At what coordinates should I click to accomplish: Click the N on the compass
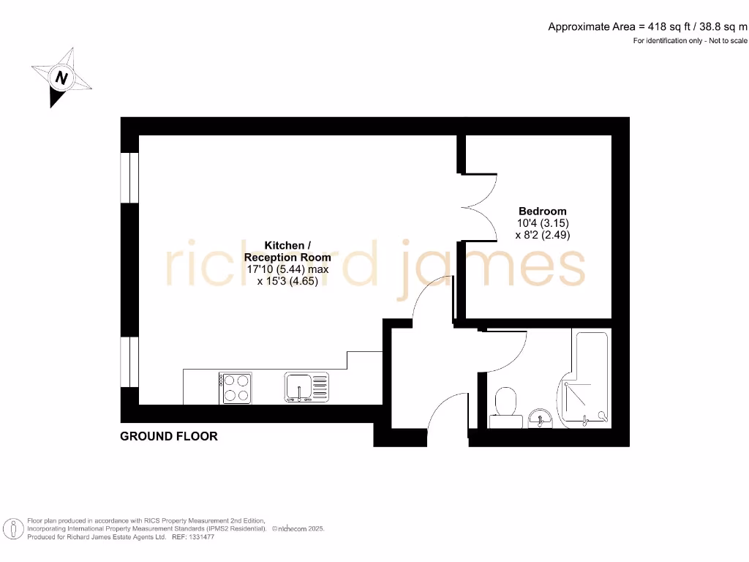pyautogui.click(x=62, y=77)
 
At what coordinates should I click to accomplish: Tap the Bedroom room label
pyautogui.click(x=543, y=211)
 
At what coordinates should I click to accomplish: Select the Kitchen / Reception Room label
pyautogui.click(x=287, y=251)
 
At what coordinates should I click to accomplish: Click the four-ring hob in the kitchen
pyautogui.click(x=236, y=388)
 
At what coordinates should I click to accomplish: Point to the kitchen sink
pyautogui.click(x=306, y=386)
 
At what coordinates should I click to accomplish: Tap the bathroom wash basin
pyautogui.click(x=541, y=418)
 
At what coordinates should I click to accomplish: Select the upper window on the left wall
pyautogui.click(x=129, y=177)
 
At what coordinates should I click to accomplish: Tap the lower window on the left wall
pyautogui.click(x=129, y=361)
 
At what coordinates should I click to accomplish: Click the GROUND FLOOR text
pyautogui.click(x=169, y=436)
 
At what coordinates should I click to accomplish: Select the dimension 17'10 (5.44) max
pyautogui.click(x=287, y=269)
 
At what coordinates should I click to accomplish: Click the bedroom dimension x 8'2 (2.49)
pyautogui.click(x=543, y=235)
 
